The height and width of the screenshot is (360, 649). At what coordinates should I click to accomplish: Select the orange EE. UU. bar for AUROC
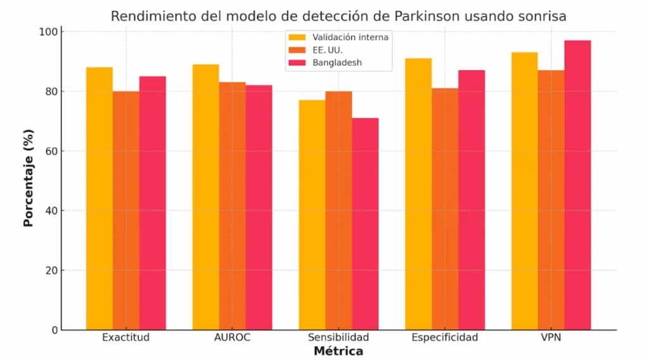pos(233,206)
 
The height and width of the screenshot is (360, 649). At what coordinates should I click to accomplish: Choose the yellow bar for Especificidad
pos(418,194)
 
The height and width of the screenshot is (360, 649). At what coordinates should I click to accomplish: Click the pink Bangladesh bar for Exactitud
pos(153,203)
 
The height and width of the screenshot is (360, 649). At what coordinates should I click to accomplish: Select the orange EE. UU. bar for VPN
pos(551,200)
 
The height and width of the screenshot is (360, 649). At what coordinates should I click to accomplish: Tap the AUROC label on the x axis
pos(233,337)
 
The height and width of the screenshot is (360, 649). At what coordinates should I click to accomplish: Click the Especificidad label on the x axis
pos(444,337)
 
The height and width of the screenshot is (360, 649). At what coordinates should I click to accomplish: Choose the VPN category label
pos(551,337)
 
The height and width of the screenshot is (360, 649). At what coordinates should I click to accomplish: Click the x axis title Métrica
pos(338,351)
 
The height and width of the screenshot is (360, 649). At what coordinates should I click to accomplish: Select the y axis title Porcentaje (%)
pos(29,178)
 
